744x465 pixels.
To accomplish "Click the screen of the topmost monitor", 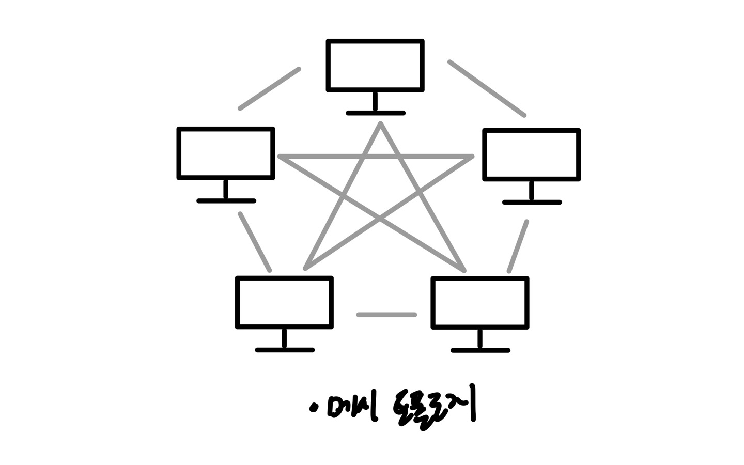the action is (x=376, y=65).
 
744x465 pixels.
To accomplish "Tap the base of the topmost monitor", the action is (x=376, y=113).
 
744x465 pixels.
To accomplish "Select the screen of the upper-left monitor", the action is (x=226, y=153).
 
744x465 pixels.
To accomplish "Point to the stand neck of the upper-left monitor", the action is (x=226, y=189).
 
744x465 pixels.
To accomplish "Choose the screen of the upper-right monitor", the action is (x=532, y=154).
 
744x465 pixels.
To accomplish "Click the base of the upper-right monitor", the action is (x=532, y=203).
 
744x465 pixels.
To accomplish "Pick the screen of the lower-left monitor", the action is (x=284, y=302).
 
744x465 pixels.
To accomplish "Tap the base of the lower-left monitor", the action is (x=285, y=350).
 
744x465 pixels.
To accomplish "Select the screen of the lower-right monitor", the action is (x=480, y=303).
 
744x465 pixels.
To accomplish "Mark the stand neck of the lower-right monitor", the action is (x=480, y=339).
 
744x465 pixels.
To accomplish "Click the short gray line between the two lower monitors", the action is (x=386, y=315).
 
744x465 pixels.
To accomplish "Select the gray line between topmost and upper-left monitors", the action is (x=269, y=88).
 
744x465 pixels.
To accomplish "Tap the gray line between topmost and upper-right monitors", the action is (x=487, y=88).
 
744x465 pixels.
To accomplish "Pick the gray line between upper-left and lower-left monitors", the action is (x=255, y=242).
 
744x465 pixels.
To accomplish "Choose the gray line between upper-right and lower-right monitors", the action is (x=518, y=246).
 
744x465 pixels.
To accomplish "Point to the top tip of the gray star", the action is (x=380, y=124).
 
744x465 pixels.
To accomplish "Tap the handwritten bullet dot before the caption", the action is (x=313, y=409).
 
